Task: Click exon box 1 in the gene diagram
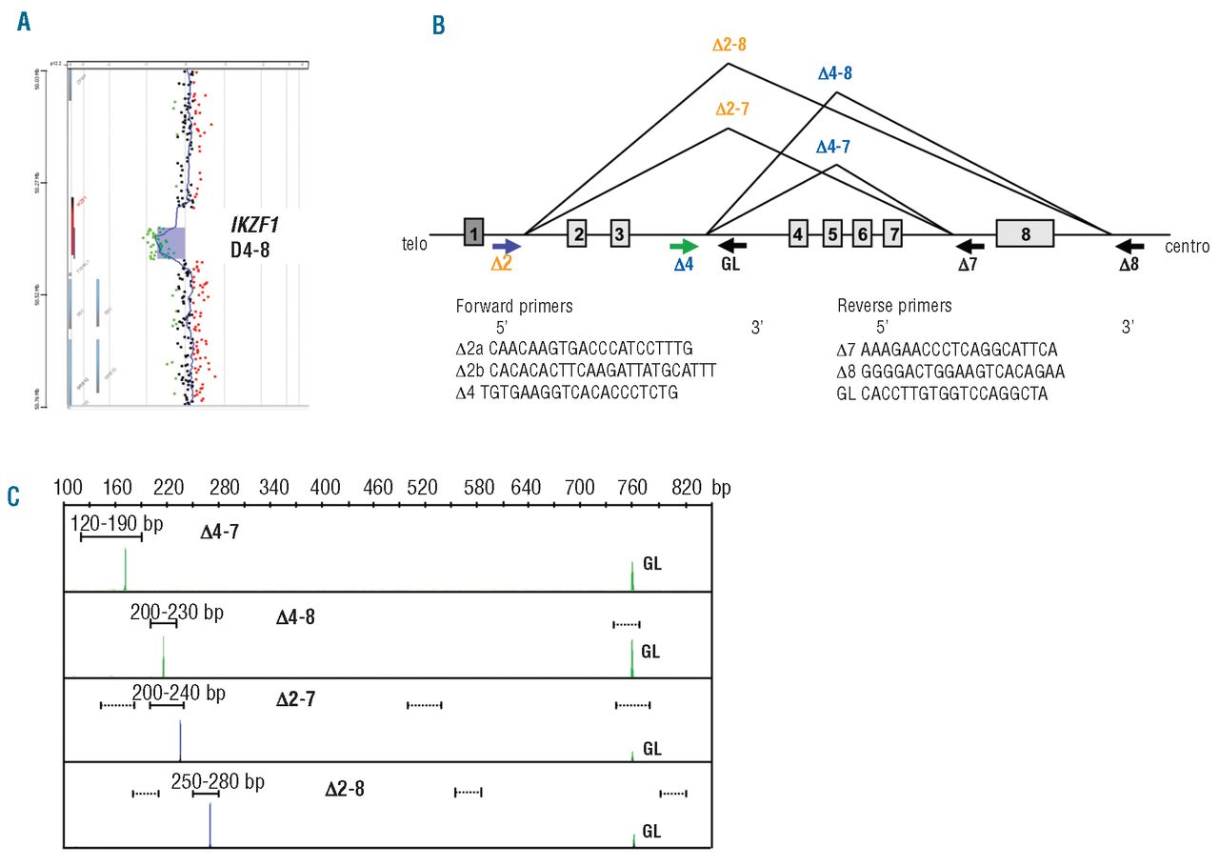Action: [474, 232]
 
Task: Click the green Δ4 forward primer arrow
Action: [685, 244]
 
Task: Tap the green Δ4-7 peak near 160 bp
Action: [125, 577]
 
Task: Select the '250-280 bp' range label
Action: [217, 781]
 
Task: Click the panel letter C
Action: [12, 495]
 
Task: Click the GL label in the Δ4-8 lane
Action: [651, 653]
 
